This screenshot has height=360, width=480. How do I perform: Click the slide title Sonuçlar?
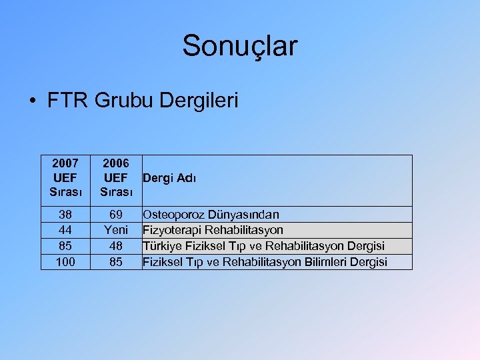point(240,46)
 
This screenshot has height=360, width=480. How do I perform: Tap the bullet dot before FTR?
point(32,102)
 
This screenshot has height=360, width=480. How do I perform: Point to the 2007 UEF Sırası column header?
point(65,178)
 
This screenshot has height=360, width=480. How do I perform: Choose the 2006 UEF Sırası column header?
point(116,178)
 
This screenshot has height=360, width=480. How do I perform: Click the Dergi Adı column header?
point(169,178)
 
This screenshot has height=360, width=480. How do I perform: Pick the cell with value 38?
point(65,215)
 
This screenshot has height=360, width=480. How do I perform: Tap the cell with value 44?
point(65,231)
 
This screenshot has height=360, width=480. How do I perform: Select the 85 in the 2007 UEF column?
point(65,246)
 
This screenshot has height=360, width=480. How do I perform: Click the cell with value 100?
point(65,262)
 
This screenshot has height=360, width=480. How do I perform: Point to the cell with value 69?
point(116,215)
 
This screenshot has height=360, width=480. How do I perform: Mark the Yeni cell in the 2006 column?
point(116,231)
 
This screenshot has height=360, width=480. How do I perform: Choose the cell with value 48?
point(116,246)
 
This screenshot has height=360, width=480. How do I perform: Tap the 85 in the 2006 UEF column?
point(116,262)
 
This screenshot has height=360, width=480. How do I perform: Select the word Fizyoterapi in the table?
point(172,231)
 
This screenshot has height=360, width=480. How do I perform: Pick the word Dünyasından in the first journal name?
point(242,215)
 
